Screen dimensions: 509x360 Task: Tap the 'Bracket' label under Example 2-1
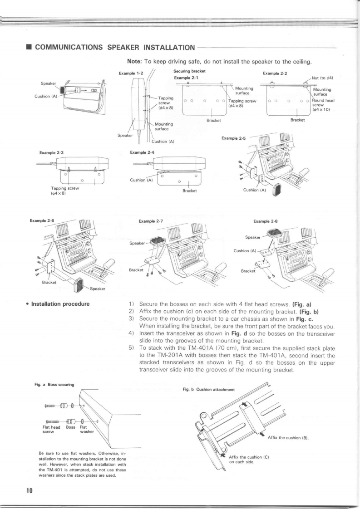[x=213, y=120]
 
